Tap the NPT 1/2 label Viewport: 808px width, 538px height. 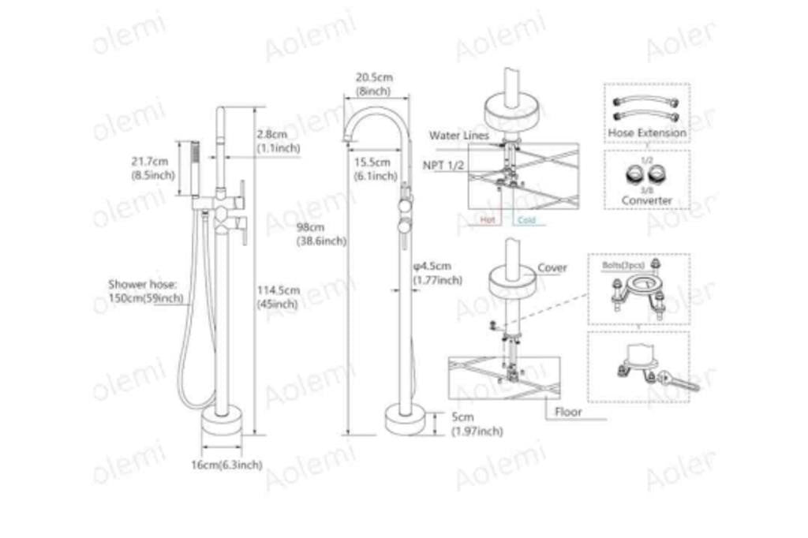[446, 166]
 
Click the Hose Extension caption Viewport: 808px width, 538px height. [647, 133]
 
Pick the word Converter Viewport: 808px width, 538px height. [647, 200]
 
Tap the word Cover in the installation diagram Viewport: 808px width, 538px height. [552, 268]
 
